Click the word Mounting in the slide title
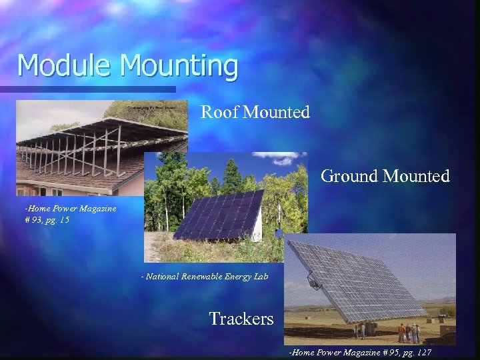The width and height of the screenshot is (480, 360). [x=179, y=66]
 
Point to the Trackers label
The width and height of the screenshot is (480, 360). [x=241, y=319]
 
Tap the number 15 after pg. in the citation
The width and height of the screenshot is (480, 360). [x=64, y=219]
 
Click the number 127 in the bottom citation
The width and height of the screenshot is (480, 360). [x=424, y=352]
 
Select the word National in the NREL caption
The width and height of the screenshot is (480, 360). [x=164, y=276]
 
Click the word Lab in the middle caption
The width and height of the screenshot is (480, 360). [x=260, y=276]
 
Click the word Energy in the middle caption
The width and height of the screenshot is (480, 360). [x=233, y=276]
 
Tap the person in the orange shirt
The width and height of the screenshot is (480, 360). [x=401, y=330]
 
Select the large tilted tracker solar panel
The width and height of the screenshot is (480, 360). [x=360, y=280]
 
